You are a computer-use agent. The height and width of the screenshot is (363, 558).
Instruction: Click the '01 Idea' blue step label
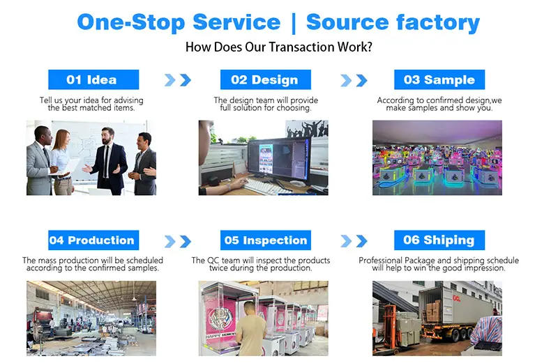(93, 79)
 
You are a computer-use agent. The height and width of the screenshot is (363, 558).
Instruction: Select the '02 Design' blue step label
(266, 79)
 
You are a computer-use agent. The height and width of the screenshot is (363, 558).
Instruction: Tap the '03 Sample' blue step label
(439, 79)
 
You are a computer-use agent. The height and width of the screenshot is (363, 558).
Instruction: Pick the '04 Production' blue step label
(93, 240)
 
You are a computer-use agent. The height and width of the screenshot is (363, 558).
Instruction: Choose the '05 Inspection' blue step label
(266, 240)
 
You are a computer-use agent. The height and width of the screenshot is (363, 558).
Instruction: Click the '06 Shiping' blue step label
(439, 240)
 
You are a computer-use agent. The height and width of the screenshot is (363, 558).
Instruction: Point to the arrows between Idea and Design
(178, 80)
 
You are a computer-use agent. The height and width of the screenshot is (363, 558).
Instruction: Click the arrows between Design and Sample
(354, 80)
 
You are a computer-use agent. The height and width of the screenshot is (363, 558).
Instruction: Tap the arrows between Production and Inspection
(178, 241)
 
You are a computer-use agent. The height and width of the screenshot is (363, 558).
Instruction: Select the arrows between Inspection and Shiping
(354, 241)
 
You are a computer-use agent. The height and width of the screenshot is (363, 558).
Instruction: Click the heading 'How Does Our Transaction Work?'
(278, 47)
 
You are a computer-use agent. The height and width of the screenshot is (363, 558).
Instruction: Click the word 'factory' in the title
(438, 22)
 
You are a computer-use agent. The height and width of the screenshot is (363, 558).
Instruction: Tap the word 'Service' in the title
(236, 22)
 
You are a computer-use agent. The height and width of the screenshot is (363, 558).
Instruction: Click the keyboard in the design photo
(267, 187)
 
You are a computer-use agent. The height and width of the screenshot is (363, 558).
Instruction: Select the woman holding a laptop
(62, 162)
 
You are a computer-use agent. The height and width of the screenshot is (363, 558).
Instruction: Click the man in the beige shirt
(250, 330)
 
